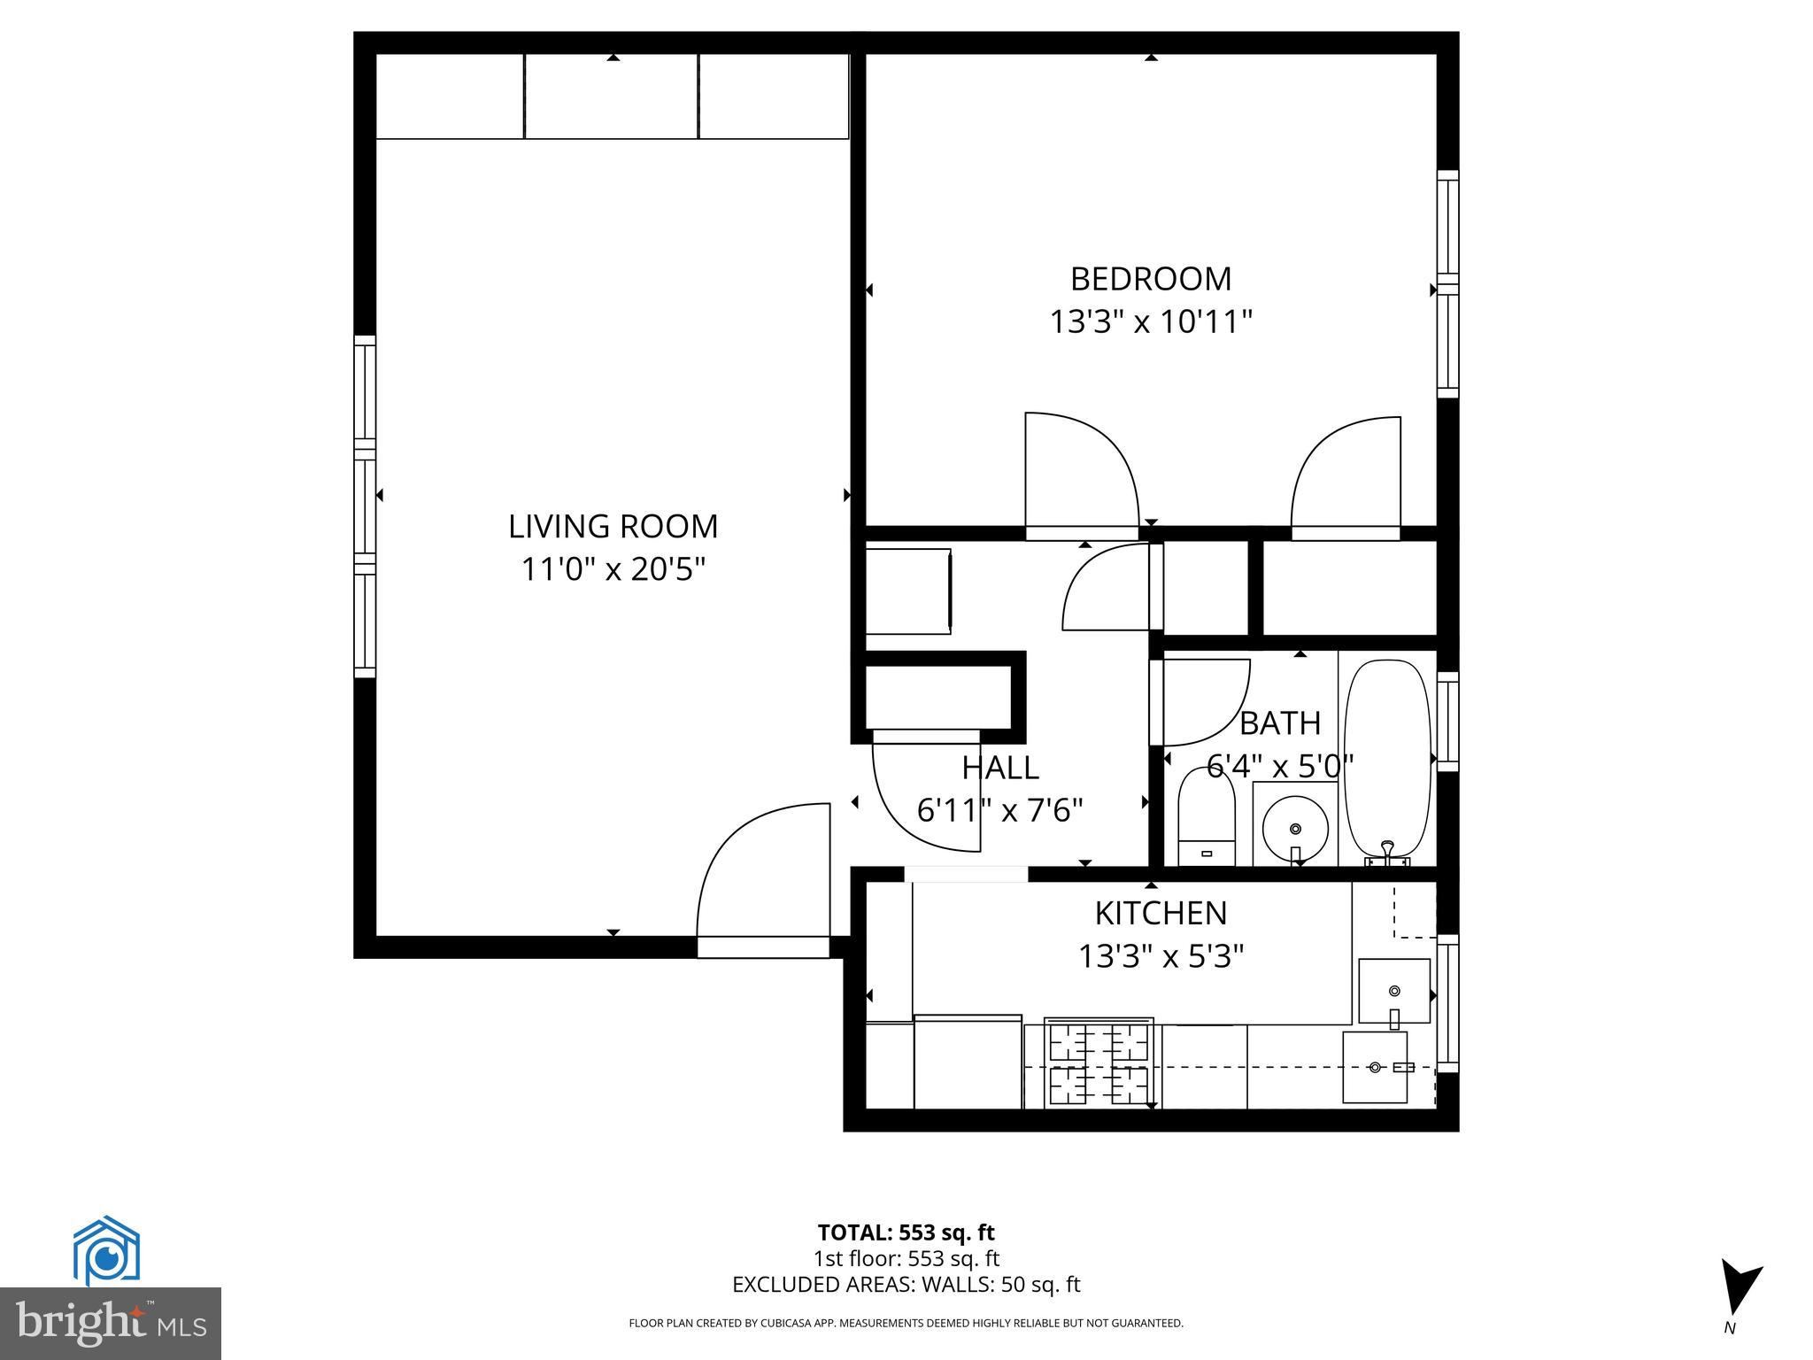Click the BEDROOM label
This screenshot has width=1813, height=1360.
tap(1150, 279)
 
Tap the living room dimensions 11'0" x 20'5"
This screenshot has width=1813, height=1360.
tap(613, 568)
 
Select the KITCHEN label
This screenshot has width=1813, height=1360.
tap(1161, 913)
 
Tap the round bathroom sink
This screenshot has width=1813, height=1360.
tap(1295, 829)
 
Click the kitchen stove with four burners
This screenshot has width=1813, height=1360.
tap(1099, 1063)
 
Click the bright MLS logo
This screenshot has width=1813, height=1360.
tap(111, 1324)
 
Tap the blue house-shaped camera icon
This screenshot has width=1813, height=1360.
tap(106, 1250)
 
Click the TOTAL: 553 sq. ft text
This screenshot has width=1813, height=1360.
tap(906, 1232)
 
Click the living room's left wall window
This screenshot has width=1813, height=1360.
tap(365, 506)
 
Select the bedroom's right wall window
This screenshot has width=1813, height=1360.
tap(1447, 283)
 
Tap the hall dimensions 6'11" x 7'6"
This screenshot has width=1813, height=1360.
tap(999, 809)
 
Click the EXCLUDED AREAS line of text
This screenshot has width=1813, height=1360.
tap(906, 1285)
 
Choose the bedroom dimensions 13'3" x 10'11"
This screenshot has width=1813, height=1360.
tap(1150, 321)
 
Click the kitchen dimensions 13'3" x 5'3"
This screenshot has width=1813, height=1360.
tap(1161, 956)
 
